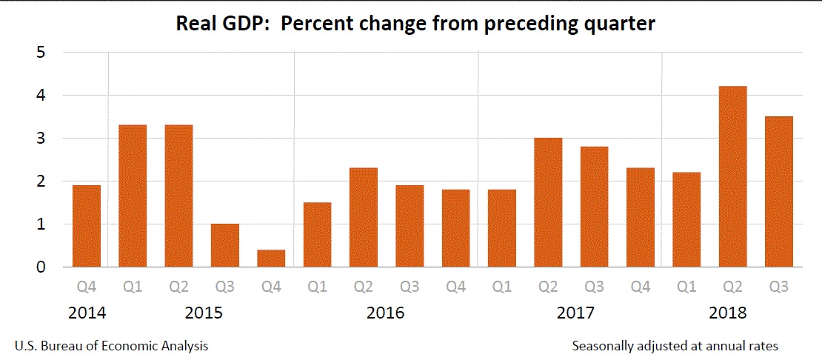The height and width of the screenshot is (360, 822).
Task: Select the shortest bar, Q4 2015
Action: [271, 259]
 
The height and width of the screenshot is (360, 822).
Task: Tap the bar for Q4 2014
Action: [86, 226]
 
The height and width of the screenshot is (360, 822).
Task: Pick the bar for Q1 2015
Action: [133, 196]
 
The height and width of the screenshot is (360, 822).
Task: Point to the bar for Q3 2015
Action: [225, 245]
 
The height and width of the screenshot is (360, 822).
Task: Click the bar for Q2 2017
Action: [548, 202]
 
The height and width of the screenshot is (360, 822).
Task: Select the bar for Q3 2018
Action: [778, 191]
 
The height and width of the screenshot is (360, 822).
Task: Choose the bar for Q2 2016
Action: [364, 217]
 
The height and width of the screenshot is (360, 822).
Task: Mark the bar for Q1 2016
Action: [317, 234]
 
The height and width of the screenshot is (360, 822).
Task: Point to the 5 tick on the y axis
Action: [42, 53]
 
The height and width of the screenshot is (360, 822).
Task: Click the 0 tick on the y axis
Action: [42, 267]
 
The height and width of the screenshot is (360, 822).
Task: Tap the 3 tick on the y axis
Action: [42, 139]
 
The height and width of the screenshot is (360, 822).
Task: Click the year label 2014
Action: [87, 313]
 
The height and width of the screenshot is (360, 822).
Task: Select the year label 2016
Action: [386, 313]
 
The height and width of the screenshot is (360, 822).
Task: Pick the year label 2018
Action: [728, 313]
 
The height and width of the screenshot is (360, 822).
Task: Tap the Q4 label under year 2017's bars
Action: [641, 286]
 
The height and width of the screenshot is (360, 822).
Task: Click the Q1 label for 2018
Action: [686, 286]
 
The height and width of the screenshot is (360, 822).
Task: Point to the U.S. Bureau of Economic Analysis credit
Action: [111, 346]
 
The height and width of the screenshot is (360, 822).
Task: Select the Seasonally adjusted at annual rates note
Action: [675, 346]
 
